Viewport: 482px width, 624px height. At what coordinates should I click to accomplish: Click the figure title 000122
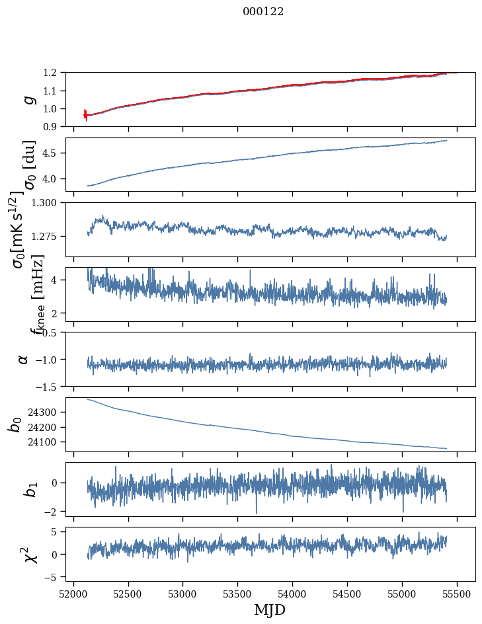pos(263,12)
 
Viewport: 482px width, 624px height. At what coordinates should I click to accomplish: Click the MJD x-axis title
pos(270,609)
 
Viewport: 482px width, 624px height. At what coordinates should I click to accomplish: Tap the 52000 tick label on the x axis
pos(73,594)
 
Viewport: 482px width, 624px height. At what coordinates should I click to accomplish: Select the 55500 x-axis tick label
pos(458,594)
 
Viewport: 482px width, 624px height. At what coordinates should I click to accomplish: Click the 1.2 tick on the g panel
pos(56,73)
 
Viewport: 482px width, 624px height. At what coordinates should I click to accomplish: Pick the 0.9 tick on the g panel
pos(56,126)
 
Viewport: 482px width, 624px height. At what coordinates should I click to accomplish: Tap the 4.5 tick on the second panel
pos(56,153)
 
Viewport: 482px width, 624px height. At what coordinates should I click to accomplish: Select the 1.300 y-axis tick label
pos(50,203)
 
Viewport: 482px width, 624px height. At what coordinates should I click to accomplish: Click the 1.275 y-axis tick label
pos(50,236)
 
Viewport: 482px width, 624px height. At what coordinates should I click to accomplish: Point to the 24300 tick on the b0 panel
pos(50,412)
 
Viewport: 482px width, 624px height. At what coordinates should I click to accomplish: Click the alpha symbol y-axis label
pos(23,359)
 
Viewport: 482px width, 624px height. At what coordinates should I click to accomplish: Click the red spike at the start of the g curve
pos(85,114)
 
